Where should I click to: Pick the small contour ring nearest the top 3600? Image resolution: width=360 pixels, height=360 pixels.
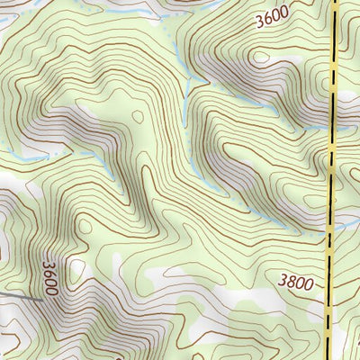[261, 57]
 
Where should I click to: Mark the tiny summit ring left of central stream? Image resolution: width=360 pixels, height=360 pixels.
[137, 116]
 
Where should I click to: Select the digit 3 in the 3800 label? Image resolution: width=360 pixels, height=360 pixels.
[283, 283]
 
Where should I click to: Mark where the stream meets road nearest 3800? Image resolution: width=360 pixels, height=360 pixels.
[328, 224]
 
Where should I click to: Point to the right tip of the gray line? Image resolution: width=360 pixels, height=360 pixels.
[41, 299]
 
